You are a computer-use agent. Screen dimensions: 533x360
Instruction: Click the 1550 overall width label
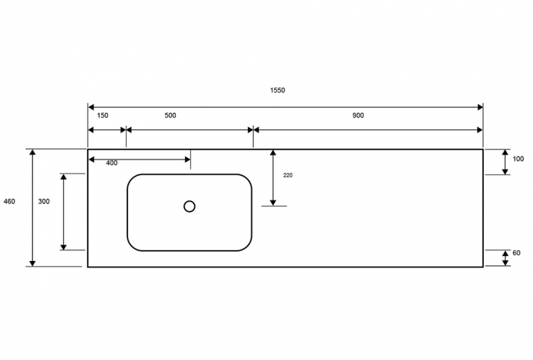coord(278,90)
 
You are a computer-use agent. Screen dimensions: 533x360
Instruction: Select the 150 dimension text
coord(102,116)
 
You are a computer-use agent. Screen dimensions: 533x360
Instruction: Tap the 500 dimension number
coord(170,116)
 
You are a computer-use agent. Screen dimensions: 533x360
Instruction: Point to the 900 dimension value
coord(358,116)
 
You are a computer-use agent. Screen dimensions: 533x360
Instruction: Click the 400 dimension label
coord(112,163)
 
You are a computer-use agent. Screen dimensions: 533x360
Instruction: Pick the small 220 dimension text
coord(287,175)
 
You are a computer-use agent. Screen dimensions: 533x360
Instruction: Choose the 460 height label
coord(9,201)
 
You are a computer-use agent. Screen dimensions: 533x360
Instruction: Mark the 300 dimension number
coord(44,201)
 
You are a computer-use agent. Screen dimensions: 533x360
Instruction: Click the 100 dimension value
coord(518,159)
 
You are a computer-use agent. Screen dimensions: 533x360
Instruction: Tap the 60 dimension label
coord(516,253)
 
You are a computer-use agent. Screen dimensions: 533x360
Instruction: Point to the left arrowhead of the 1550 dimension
coord(91,107)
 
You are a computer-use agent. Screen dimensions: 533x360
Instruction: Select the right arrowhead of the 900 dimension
coord(480,130)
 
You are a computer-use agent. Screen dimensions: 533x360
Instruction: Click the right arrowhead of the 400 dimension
coord(188,159)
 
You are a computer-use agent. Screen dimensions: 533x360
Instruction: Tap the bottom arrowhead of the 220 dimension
coord(273,203)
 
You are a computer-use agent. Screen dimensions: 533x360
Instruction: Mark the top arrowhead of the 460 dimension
coord(33,152)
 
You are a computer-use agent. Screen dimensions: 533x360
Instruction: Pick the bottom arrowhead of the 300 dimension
coord(64,246)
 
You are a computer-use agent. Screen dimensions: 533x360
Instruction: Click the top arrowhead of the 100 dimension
coord(505,152)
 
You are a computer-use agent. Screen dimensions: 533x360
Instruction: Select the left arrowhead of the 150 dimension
coord(91,130)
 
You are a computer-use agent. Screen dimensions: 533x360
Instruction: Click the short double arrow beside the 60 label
coord(505,258)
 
